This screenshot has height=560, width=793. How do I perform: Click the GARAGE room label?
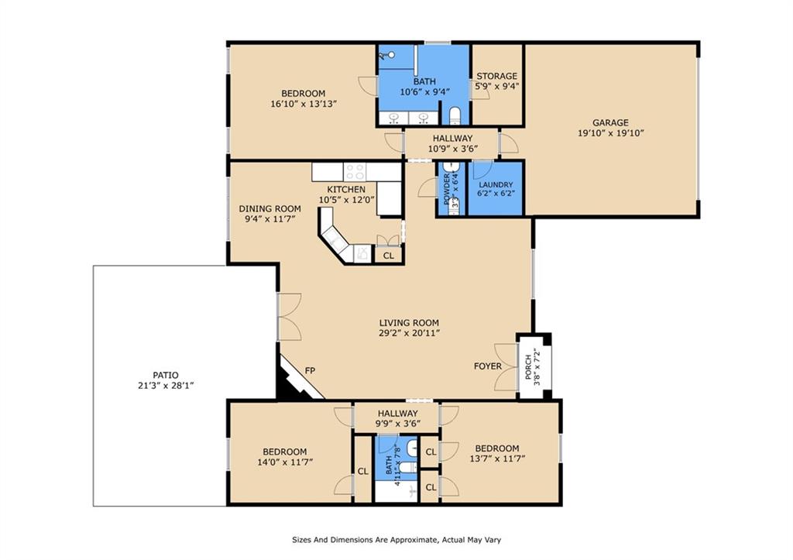610,122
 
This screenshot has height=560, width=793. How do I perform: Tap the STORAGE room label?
496,76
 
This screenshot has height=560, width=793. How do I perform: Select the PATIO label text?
160,375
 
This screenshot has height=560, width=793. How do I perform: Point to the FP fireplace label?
311,371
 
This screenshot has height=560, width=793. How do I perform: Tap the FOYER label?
488,366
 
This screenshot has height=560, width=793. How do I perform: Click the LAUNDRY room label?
496,185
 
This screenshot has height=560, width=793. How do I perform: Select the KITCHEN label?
345,189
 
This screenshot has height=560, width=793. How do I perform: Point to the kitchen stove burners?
355,171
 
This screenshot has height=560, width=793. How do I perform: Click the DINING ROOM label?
269,208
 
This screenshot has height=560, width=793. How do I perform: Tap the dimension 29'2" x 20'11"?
409,333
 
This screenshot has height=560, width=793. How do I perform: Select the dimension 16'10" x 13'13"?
303,104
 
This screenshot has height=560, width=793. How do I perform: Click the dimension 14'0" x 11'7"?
284,462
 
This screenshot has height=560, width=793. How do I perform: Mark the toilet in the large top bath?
455,117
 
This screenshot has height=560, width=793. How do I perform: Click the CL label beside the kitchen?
388,255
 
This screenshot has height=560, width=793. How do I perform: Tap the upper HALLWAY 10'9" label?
453,139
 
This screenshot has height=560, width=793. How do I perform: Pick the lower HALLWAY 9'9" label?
397,414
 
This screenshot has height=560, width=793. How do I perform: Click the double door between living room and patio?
288,316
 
